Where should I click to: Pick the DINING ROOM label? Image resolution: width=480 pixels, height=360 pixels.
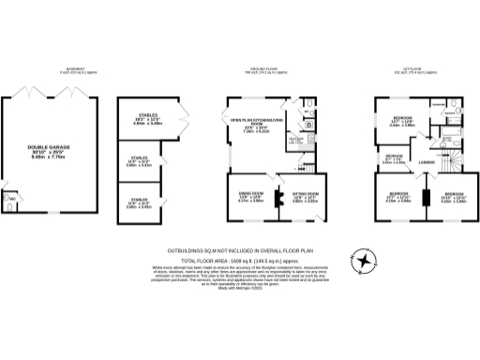pos(248,196)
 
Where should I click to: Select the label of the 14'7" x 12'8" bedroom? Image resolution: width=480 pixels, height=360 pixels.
pos(402,119)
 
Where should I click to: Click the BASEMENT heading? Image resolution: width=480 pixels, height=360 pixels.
pos(75,69)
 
